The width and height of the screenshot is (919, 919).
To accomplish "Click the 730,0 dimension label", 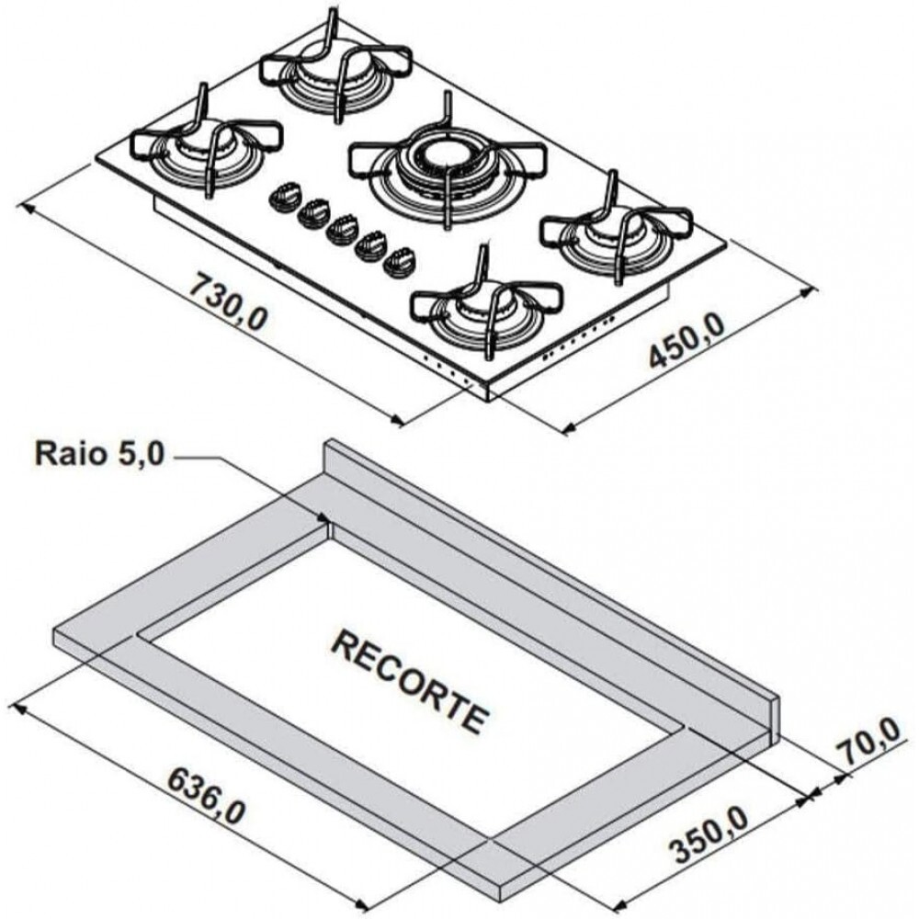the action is (x=229, y=301).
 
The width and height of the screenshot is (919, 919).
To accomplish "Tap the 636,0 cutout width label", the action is (x=205, y=797).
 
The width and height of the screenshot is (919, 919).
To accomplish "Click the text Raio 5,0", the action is (x=99, y=454).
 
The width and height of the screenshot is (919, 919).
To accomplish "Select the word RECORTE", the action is (x=410, y=682).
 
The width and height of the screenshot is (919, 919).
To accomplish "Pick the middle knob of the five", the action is (x=342, y=231).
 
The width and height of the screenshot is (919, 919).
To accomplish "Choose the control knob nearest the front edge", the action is (x=399, y=263).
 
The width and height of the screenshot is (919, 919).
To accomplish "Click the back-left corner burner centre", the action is (x=335, y=69).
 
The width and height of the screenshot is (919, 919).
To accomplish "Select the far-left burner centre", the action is (x=205, y=143).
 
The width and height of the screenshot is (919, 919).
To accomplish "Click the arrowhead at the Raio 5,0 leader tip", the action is (x=323, y=518).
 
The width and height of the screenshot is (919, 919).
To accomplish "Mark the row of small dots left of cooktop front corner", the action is (x=447, y=371).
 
